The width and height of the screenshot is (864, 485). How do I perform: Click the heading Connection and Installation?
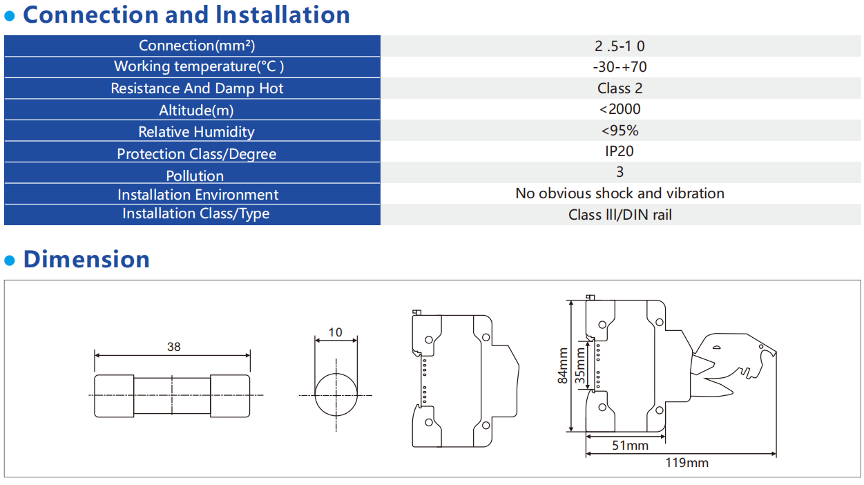[x=186, y=15]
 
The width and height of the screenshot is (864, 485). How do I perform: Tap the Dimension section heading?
[x=86, y=259]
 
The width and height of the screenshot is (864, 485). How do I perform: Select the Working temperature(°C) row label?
[x=199, y=66]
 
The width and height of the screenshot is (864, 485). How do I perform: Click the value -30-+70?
[x=620, y=67]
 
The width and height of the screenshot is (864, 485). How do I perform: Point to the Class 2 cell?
[x=620, y=88]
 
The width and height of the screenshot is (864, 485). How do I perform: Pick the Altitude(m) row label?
[x=196, y=111]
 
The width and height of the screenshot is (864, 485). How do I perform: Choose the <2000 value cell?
[x=620, y=109]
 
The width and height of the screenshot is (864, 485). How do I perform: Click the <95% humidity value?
[x=620, y=131]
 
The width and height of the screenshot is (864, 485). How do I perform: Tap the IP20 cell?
[x=620, y=151]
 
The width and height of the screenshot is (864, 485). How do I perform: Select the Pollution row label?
[x=195, y=176]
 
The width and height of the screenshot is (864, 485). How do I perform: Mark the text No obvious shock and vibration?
[x=620, y=193]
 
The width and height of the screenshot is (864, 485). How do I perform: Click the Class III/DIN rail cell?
[x=620, y=215]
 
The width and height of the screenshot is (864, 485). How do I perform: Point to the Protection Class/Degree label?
[x=197, y=154]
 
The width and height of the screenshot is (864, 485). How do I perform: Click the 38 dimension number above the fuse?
[x=174, y=347]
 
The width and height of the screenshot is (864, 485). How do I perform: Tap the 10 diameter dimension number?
[x=335, y=332]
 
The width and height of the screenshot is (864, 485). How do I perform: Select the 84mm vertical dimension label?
[x=563, y=365]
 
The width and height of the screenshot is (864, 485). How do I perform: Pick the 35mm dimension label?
[x=581, y=365]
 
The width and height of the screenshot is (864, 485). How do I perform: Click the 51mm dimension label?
[x=631, y=446]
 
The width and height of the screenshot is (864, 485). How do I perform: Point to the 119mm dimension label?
[x=687, y=463]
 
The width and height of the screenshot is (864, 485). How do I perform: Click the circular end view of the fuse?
[x=336, y=374]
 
